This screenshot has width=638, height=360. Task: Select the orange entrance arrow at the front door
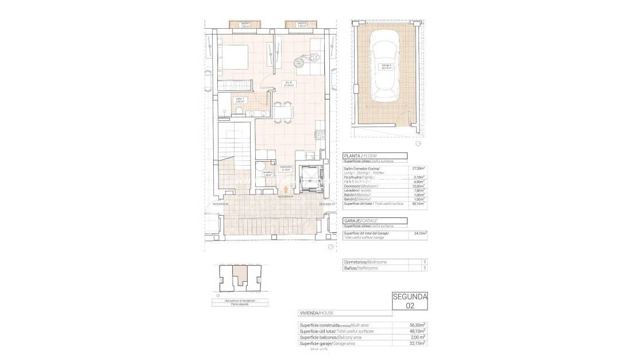click(x=286, y=189)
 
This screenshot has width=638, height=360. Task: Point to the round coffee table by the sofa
click(x=299, y=62)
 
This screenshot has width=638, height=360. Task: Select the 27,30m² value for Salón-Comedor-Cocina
click(x=419, y=168)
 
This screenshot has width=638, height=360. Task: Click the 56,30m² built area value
click(x=417, y=325)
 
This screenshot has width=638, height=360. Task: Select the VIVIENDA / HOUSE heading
click(x=316, y=313)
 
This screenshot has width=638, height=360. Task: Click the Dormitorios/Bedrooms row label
click(x=364, y=262)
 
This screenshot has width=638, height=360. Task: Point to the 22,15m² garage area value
click(x=417, y=343)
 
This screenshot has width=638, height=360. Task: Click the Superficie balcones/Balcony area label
click(x=330, y=337)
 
